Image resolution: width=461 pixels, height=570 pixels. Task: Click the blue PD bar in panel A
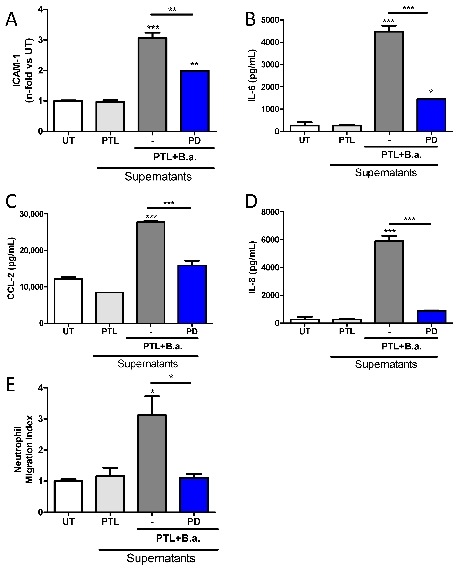(195, 101)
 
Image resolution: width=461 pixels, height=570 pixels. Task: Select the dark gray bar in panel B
(389, 81)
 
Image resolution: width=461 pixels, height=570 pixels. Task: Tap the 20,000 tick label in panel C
(31, 250)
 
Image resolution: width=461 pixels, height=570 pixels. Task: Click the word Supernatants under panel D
(386, 364)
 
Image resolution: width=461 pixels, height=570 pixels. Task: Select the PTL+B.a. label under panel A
(175, 157)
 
